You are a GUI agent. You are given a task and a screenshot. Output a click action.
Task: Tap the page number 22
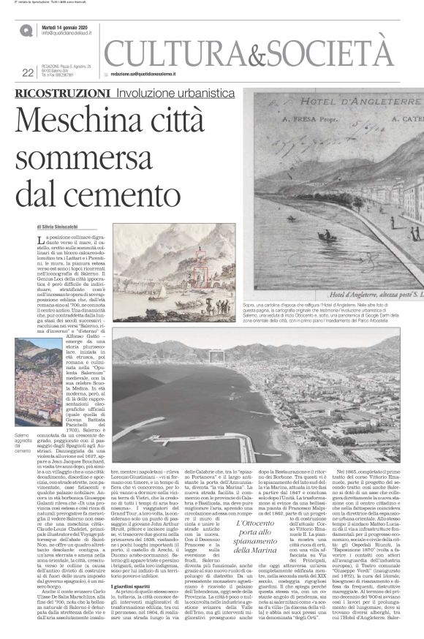[x=28, y=72]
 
